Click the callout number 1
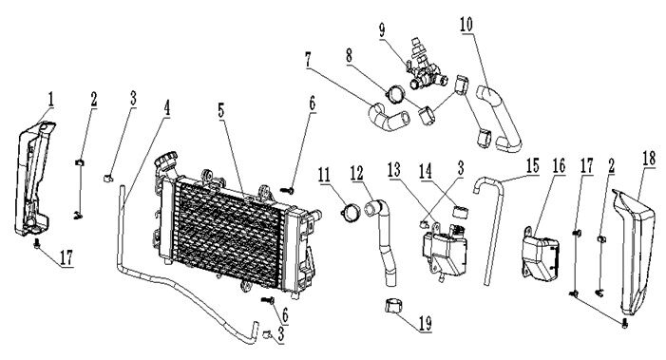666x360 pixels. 50,97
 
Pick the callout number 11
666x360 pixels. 325,176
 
